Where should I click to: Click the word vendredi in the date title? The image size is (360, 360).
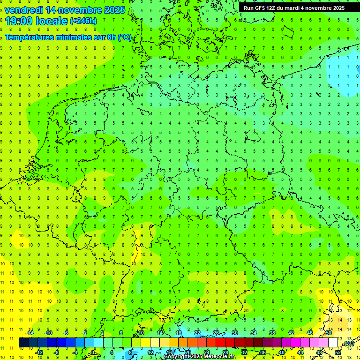pos(24,10)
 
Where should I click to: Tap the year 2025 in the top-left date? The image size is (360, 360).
pos(112,10)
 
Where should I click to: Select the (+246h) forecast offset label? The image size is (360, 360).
pos(83,21)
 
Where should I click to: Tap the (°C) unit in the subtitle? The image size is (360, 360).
pos(125,37)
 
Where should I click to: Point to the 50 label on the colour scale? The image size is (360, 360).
pos(329,333)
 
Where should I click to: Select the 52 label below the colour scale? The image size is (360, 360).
pos(338,352)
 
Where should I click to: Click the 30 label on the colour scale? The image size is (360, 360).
pos(235,333)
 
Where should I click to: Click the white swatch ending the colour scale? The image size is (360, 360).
pos(333,343)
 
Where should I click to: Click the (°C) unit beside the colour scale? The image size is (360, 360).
pos(348,344)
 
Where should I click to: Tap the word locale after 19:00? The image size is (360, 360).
pos(51,21)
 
